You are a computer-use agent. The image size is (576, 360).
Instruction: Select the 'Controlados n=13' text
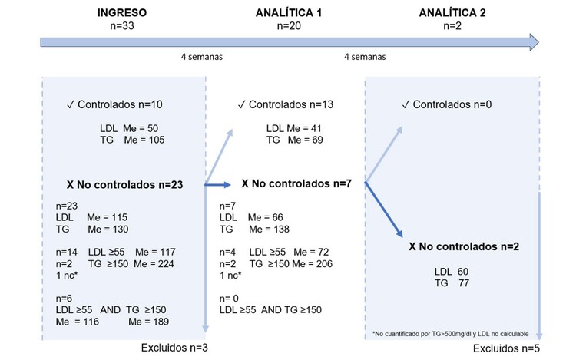coord(288,104)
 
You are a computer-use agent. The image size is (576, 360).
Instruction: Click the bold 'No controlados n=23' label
coord(129,184)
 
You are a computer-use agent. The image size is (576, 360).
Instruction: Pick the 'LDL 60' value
coord(451,272)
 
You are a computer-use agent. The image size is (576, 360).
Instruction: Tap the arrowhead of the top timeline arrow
coord(531,41)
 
